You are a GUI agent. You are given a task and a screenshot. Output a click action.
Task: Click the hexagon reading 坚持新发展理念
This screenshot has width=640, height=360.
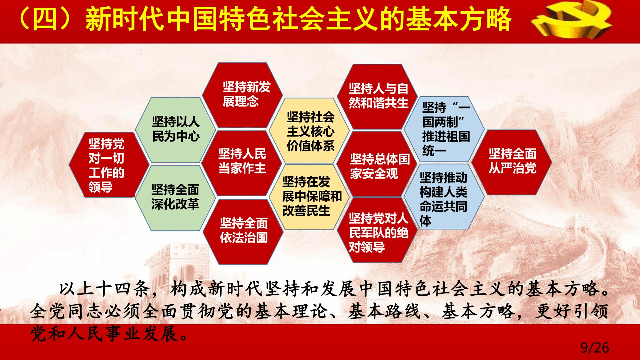tap(242, 95)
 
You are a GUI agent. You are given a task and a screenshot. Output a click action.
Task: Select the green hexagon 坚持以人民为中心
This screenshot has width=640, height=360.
tap(175, 129)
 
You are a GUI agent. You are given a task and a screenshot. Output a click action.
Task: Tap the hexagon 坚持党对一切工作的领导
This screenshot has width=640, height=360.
tap(109, 164)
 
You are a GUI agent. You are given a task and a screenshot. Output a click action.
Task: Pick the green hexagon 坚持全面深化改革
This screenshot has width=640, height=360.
tap(175, 198)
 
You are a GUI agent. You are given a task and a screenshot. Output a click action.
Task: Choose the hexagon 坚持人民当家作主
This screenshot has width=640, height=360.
tap(242, 163)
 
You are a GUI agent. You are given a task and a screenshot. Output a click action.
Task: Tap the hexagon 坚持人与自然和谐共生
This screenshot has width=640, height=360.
tap(378, 96)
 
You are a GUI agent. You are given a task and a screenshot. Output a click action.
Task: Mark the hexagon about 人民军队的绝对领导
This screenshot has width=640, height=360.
tap(378, 230)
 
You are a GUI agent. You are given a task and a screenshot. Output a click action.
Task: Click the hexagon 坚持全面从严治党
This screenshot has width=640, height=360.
tap(512, 162)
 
